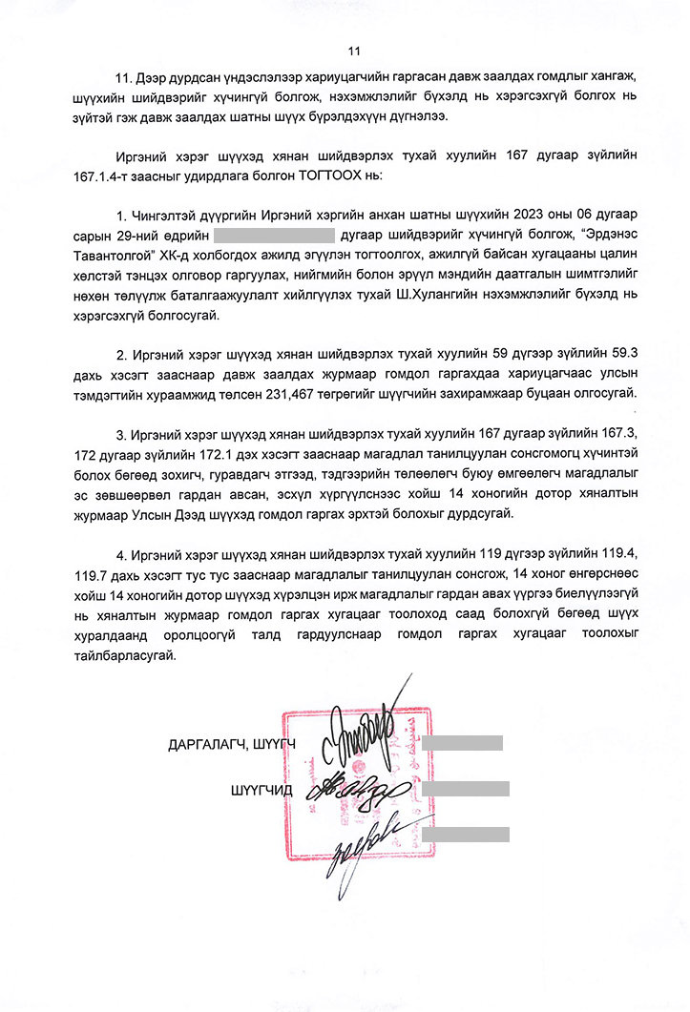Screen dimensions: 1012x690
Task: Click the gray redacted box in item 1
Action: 274,234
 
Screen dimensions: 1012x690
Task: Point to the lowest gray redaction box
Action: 465,834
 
